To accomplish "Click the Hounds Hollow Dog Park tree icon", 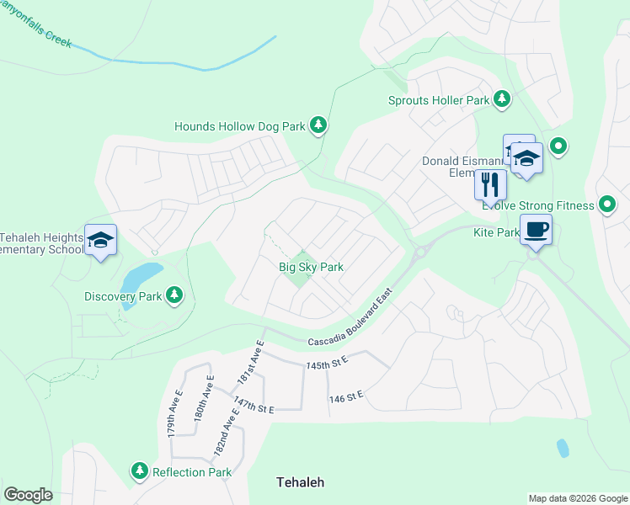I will (x=318, y=126).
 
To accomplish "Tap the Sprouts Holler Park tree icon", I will (x=502, y=100).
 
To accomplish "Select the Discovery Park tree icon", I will (x=174, y=295).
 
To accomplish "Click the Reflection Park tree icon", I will (x=139, y=471).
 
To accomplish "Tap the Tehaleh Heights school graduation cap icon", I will (x=100, y=241).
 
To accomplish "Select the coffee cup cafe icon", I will (x=536, y=229).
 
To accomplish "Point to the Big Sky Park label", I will (x=312, y=267).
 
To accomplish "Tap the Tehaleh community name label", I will (x=301, y=482).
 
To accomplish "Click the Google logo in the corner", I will (x=28, y=494).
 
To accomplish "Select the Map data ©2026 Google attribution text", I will (x=578, y=498).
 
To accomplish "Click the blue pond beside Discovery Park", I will (x=141, y=277).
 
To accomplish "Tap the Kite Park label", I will (x=496, y=231).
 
